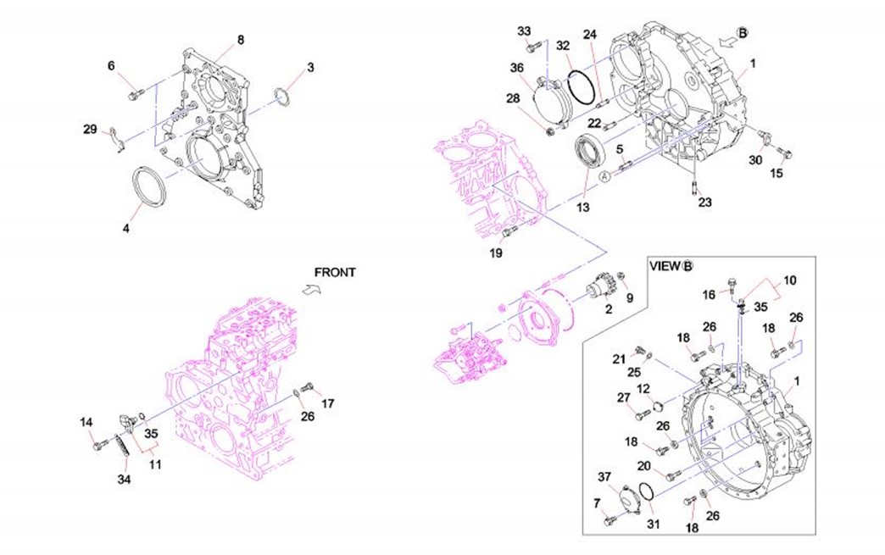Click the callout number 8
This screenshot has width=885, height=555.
tap(240, 40)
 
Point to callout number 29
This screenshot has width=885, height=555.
tap(91, 129)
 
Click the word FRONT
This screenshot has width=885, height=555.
tap(335, 273)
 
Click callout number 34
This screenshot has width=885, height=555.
tap(125, 479)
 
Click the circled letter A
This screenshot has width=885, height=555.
tap(604, 175)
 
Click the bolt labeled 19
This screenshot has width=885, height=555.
tap(509, 231)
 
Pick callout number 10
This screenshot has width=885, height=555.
tap(789, 280)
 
